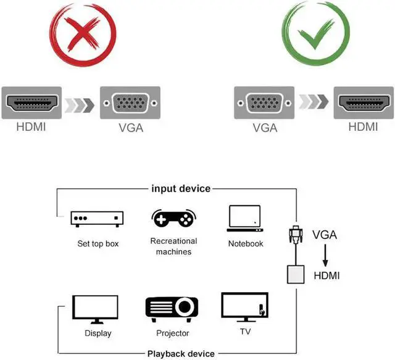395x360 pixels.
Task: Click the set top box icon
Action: [97, 219]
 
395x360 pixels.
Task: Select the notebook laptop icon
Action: [245, 218]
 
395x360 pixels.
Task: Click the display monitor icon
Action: [96, 308]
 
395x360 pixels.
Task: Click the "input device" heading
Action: [181, 188]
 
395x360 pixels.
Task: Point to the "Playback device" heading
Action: [181, 354]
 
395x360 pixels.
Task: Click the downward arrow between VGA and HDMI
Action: [325, 256]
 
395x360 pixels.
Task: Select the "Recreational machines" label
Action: [173, 246]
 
